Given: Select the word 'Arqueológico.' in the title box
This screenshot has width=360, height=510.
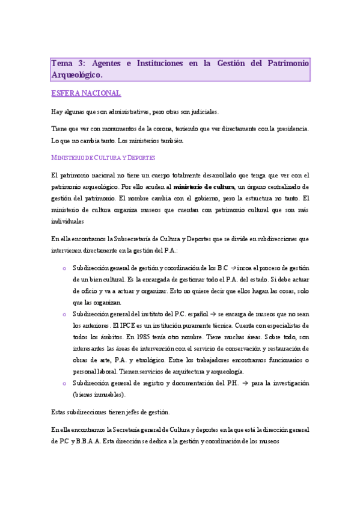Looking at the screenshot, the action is tap(77, 75).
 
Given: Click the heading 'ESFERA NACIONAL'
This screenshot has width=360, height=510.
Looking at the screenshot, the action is tap(87, 93).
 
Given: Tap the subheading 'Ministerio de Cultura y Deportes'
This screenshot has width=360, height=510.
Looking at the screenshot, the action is tap(103, 158).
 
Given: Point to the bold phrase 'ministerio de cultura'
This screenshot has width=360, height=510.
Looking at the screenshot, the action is tap(204, 186).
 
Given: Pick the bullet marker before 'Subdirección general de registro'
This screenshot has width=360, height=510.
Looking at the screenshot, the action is tap(64, 383).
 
